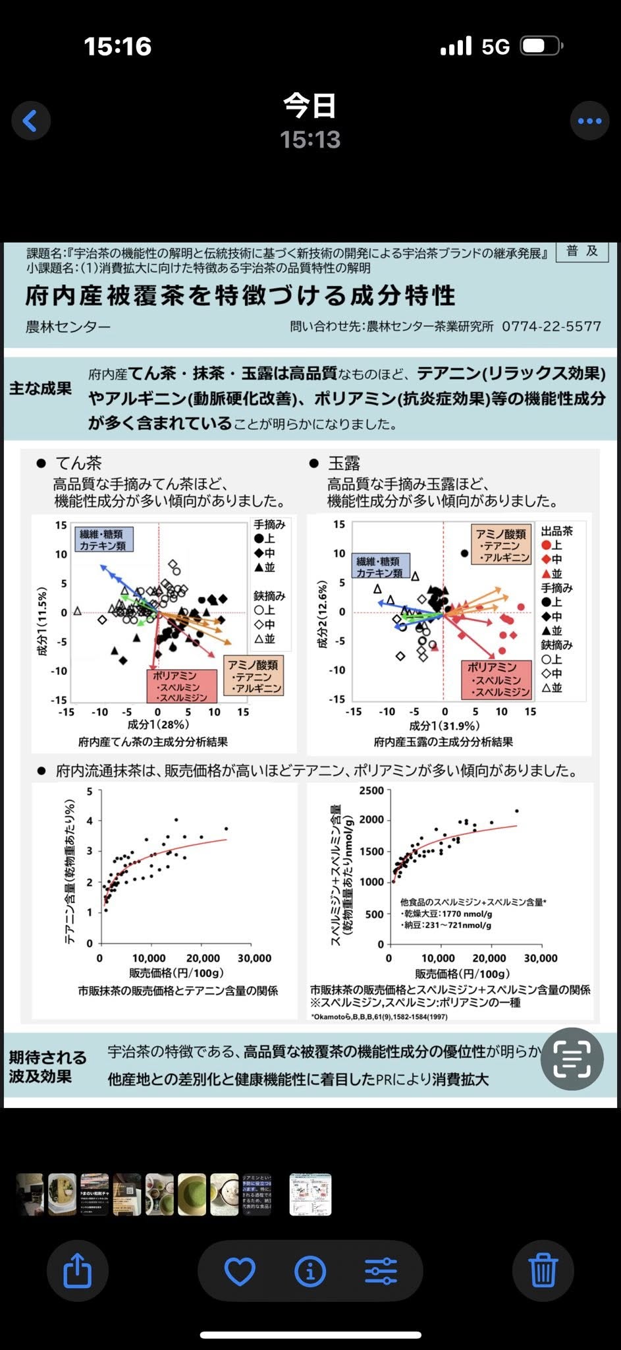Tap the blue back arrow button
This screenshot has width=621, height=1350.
(30, 121)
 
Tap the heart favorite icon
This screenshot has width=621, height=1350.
(240, 1270)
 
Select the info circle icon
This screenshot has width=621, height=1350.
(311, 1270)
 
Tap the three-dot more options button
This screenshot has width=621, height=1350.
(589, 121)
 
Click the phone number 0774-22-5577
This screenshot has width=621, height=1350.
(551, 326)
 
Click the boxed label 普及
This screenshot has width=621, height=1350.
(582, 251)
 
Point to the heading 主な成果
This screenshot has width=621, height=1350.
(40, 388)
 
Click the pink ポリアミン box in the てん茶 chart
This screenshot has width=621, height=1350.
(180, 686)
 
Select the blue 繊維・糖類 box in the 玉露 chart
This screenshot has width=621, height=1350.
(380, 567)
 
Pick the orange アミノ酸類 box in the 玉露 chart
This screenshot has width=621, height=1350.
(502, 545)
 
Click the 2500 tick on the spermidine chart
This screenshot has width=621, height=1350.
(371, 791)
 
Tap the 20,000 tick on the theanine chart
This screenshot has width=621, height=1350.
(203, 958)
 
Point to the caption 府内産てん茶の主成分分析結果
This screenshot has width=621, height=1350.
(153, 742)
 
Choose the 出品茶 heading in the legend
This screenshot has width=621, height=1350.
(556, 531)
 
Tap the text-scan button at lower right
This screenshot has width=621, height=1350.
(572, 1059)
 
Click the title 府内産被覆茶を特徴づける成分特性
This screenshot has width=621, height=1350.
(240, 296)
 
